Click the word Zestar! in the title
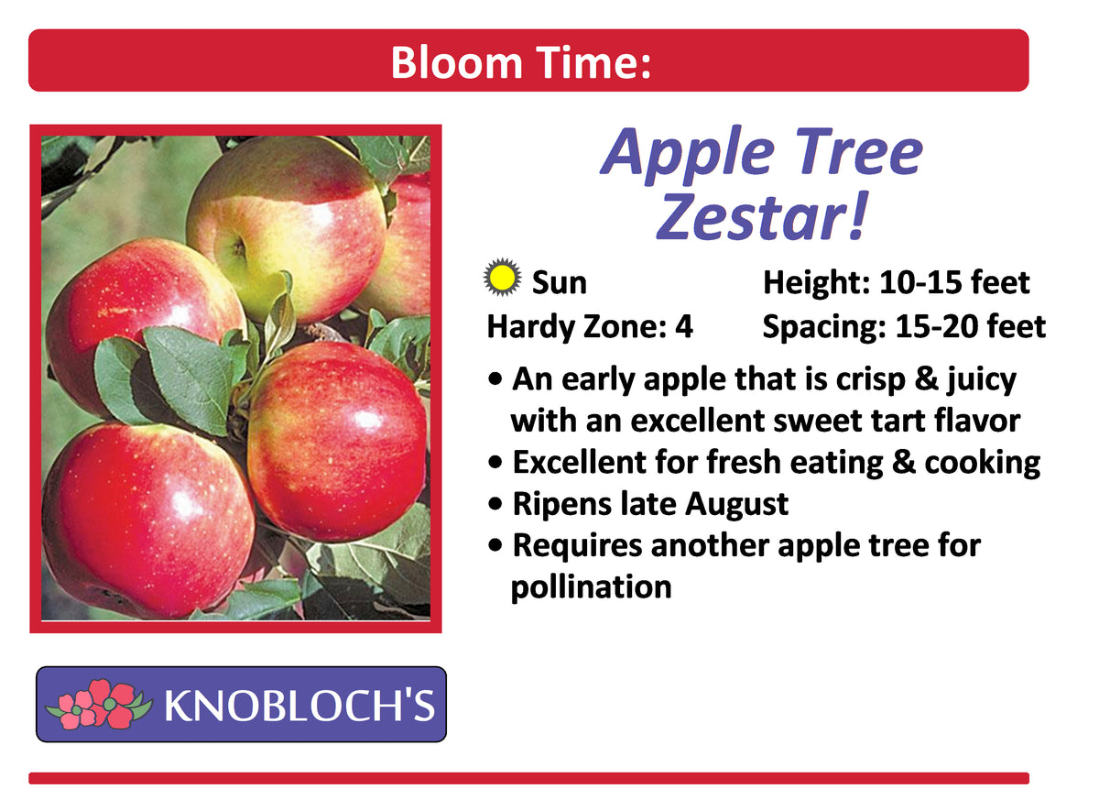(x=761, y=219)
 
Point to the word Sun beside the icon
(x=559, y=283)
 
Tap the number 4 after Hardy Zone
(x=684, y=326)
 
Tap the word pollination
(x=591, y=586)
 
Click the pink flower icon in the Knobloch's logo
(x=98, y=704)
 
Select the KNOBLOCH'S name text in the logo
(x=299, y=705)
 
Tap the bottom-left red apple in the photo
(x=147, y=518)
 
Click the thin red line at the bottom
(x=528, y=778)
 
